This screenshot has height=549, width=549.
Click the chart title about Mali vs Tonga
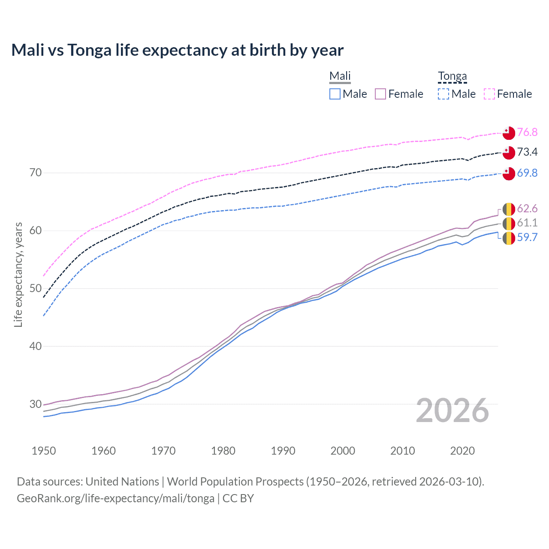(x=177, y=50)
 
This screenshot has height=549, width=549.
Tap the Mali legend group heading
(x=340, y=76)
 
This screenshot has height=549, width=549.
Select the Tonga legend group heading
(x=452, y=76)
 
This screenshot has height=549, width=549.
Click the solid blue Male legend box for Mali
(x=335, y=94)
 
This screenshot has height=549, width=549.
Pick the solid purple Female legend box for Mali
(x=380, y=94)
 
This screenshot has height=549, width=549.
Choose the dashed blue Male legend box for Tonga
(x=443, y=94)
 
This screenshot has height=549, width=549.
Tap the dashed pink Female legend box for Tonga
(x=489, y=94)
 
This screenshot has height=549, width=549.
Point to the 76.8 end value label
(x=527, y=132)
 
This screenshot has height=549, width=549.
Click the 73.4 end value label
(x=527, y=152)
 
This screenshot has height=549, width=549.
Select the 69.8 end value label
(x=527, y=173)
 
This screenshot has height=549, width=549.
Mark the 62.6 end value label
(x=527, y=209)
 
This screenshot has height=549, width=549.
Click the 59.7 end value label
(x=527, y=237)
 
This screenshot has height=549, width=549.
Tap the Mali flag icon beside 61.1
(x=509, y=223)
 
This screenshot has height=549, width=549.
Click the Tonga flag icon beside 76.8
(x=509, y=133)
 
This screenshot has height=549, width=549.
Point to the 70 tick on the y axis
(x=36, y=173)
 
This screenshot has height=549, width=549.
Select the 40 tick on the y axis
(x=36, y=346)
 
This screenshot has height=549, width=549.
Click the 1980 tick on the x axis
(x=223, y=451)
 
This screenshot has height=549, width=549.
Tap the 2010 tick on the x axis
(x=402, y=451)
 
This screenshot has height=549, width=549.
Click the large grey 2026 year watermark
(x=452, y=410)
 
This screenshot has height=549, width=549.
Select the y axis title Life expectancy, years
(x=18, y=274)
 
